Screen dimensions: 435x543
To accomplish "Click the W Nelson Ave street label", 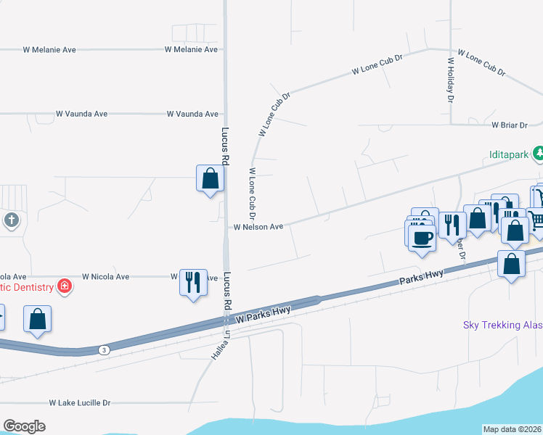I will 258,227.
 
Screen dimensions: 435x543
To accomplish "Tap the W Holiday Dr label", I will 450,80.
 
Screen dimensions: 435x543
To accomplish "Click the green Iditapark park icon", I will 539,153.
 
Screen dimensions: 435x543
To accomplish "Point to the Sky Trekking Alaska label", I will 502,325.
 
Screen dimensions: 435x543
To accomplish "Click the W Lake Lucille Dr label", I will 80,402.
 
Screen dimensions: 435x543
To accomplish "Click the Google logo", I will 24,426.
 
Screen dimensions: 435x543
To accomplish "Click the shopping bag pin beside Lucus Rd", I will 210,178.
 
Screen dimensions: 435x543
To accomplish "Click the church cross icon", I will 11,220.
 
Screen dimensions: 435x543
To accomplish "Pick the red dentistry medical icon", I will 65,287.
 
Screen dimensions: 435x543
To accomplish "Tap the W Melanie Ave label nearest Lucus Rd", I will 191,49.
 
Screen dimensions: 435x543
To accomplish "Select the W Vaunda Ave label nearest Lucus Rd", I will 192,114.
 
